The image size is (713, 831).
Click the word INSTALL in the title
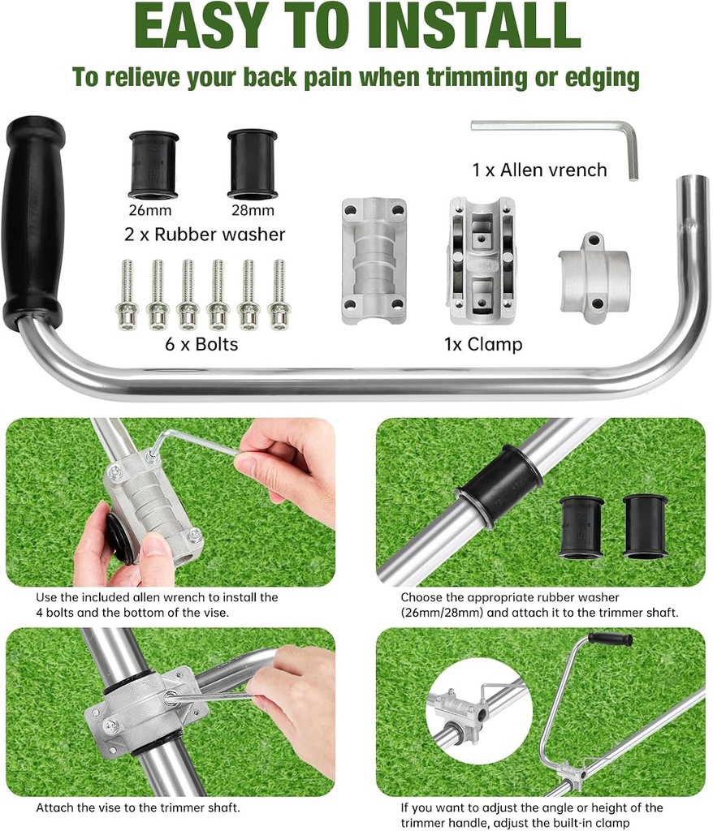click(x=473, y=26)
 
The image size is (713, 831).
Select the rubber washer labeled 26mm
click(x=153, y=165)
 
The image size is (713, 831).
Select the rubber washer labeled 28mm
click(x=252, y=164)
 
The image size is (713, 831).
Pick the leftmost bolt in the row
click(x=127, y=295)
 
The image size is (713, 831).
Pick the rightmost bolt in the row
click(x=279, y=295)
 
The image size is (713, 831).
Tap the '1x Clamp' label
click(x=483, y=344)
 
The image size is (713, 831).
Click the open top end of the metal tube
click(x=694, y=180)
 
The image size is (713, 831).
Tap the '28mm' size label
click(x=252, y=211)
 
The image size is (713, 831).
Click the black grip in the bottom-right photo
click(x=610, y=639)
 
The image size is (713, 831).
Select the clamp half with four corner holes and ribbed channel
click(x=374, y=261)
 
